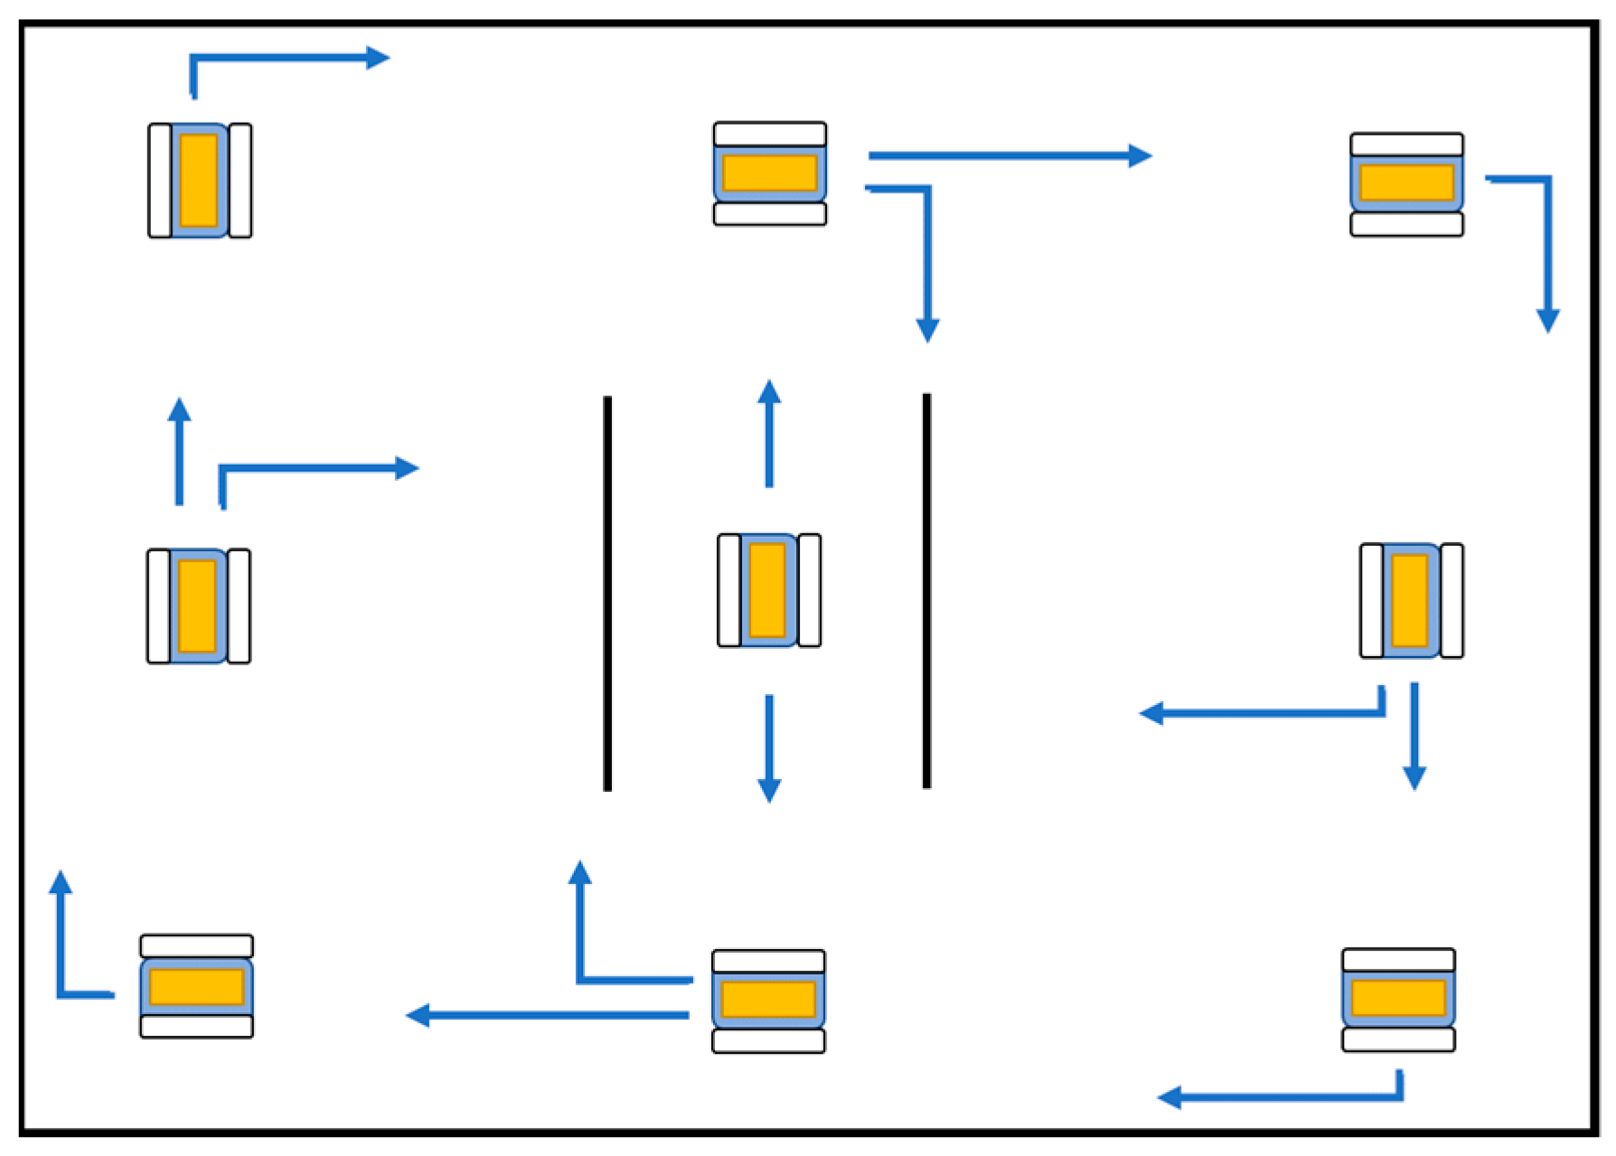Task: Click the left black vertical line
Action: pyautogui.click(x=607, y=593)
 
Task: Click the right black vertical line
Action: pyautogui.click(x=926, y=590)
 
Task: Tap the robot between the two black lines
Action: pyautogui.click(x=769, y=590)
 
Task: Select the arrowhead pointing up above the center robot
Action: pyautogui.click(x=769, y=392)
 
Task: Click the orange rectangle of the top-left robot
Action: pyautogui.click(x=199, y=180)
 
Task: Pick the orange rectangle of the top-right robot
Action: pyautogui.click(x=1406, y=183)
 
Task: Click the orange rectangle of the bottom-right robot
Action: pyautogui.click(x=1398, y=998)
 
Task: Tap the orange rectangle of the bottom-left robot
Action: pyautogui.click(x=196, y=986)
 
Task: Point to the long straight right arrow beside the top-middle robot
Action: pyautogui.click(x=1003, y=155)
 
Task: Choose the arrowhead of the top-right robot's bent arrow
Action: pyautogui.click(x=1547, y=320)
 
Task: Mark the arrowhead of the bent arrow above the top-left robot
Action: pyautogui.click(x=378, y=58)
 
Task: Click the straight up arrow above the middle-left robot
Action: pyautogui.click(x=179, y=452)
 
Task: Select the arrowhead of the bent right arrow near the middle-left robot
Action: pyautogui.click(x=407, y=468)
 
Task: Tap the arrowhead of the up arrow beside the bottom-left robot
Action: pyautogui.click(x=61, y=882)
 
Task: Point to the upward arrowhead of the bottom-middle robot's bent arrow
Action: pyautogui.click(x=579, y=872)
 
